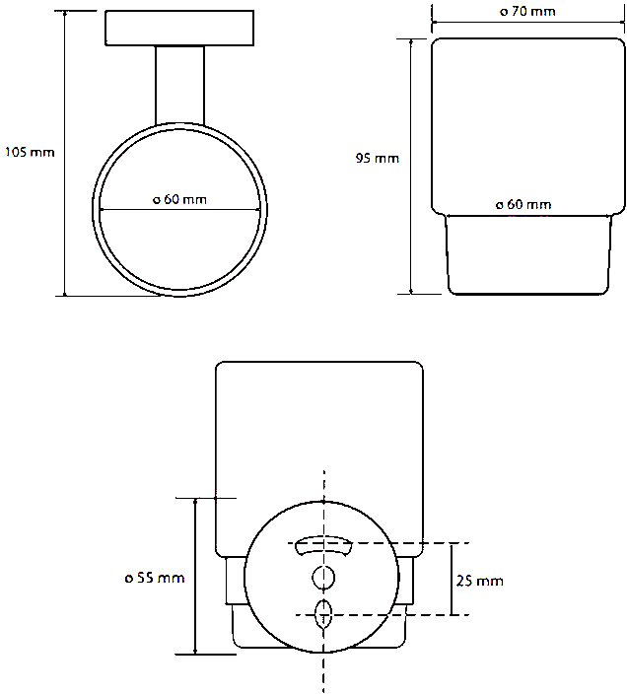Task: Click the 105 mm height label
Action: pos(30,153)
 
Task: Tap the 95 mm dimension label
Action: pos(377,159)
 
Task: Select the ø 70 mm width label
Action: pos(527,11)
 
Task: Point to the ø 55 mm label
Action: pos(154,578)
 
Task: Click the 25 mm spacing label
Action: pos(480,581)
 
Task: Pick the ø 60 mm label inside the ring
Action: pos(179,199)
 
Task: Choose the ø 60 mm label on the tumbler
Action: pos(523,204)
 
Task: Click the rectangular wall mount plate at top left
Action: pos(179,28)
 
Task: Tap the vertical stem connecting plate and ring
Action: pos(179,85)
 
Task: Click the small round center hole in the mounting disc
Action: pos(323,578)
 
